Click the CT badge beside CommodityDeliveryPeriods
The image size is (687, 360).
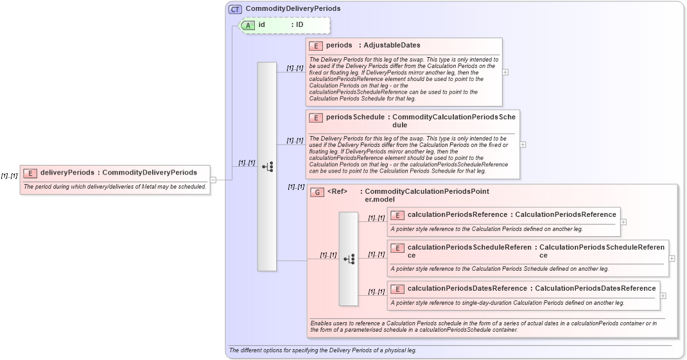[x=235, y=9]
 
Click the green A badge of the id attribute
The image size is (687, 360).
[x=248, y=25]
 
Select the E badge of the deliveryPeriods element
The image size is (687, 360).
[x=30, y=173]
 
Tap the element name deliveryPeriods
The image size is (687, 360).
[x=67, y=173]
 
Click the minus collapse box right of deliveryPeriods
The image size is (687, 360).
[x=213, y=180]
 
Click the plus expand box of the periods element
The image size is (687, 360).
[x=505, y=72]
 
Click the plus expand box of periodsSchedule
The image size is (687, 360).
[x=523, y=144]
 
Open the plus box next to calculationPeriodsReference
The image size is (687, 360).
[x=623, y=222]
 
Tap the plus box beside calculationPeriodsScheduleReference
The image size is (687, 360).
[x=672, y=258]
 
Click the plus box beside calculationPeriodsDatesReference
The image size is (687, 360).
[x=663, y=296]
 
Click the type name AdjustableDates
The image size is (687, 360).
[x=392, y=46]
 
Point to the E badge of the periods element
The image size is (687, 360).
[x=316, y=46]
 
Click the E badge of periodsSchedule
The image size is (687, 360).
[x=316, y=117]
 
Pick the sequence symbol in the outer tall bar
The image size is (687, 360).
[x=267, y=167]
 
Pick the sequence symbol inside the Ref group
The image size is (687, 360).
[x=349, y=259]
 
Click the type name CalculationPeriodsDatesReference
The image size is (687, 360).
[x=595, y=288]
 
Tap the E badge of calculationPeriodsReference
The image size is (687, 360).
[x=397, y=215]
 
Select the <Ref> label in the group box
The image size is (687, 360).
[x=337, y=191]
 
